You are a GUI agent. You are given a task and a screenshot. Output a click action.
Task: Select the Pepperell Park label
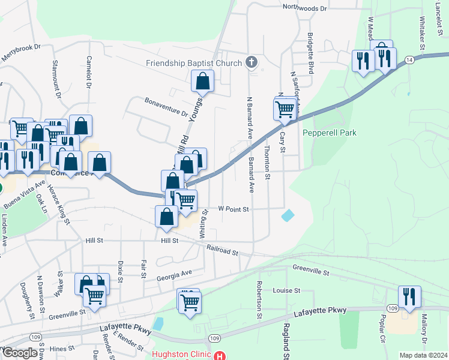tap(330, 132)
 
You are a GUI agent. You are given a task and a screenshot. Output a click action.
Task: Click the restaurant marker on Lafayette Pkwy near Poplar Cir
tap(409, 297)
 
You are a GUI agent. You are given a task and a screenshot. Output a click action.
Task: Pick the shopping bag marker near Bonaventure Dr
tap(203, 82)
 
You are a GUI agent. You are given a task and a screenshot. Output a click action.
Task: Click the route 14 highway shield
tap(409, 60)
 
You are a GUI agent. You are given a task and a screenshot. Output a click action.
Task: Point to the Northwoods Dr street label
tap(305, 8)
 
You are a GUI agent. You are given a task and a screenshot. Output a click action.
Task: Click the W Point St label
tap(233, 209)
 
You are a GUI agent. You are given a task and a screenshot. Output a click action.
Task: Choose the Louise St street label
tap(286, 290)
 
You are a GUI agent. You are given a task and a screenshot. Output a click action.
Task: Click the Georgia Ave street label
tap(174, 274)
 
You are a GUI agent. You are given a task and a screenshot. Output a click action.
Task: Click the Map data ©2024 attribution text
tap(423, 355)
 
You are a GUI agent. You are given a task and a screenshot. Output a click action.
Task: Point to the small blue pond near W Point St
tap(288, 215)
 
